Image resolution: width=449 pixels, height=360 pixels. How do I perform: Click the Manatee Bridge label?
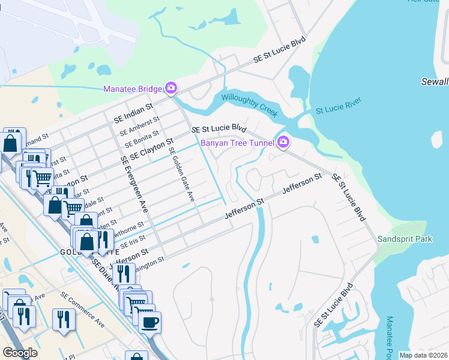pyautogui.click(x=132, y=89)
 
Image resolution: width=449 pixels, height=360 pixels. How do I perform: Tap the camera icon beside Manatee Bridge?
pyautogui.click(x=171, y=89)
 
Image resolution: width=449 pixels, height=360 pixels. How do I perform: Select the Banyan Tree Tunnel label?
pyautogui.click(x=237, y=143)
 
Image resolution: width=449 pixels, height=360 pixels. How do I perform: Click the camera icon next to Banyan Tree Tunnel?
pyautogui.click(x=283, y=142)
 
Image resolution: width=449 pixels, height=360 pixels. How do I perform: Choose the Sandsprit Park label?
pyautogui.click(x=405, y=239)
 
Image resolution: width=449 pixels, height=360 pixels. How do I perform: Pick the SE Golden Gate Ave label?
pyautogui.click(x=182, y=175)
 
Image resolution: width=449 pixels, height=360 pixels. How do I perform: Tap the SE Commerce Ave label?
pyautogui.click(x=82, y=309)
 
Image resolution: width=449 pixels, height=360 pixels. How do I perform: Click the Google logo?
pyautogui.click(x=19, y=353)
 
